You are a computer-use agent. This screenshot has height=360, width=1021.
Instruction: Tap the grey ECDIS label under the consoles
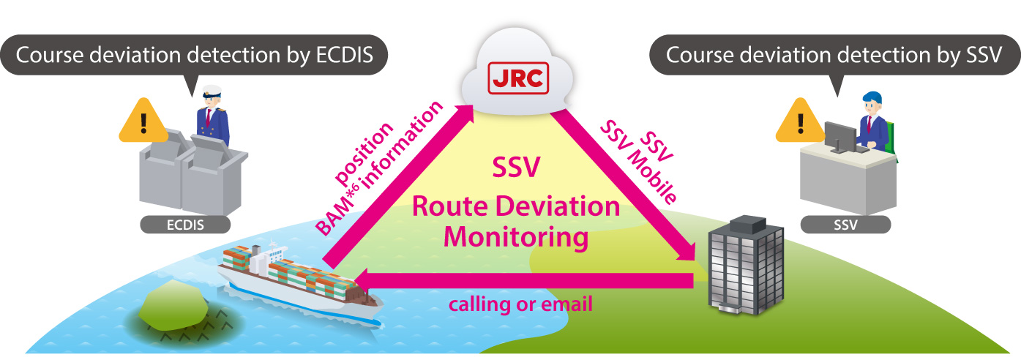184,225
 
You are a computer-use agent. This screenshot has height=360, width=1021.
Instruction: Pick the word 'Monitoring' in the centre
517,236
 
